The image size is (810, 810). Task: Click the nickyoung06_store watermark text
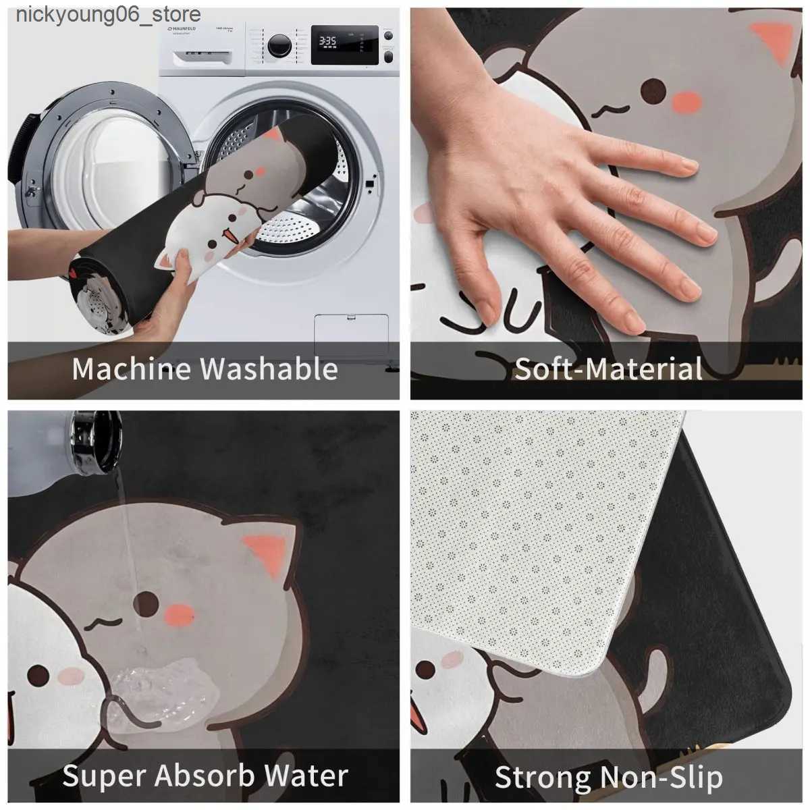pyautogui.click(x=108, y=14)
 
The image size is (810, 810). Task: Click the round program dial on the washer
pyautogui.click(x=279, y=46)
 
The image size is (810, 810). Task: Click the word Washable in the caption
pyautogui.click(x=269, y=369)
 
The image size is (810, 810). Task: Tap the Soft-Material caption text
pyautogui.click(x=608, y=369)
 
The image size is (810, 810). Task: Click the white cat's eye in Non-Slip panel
pyautogui.click(x=425, y=670)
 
